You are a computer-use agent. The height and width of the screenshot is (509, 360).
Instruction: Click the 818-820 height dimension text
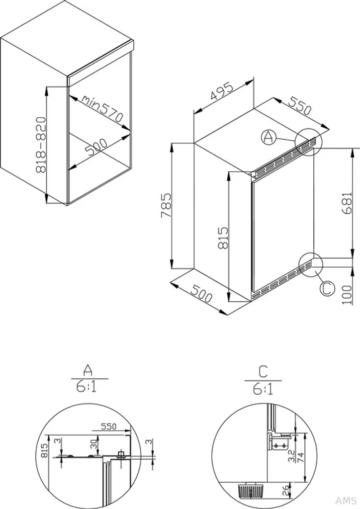pos(41,145)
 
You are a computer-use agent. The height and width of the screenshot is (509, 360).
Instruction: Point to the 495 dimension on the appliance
pos(222,91)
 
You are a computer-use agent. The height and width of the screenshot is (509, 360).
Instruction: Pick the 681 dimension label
pos(347,203)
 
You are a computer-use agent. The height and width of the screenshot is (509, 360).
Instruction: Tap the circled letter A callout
pos(268,137)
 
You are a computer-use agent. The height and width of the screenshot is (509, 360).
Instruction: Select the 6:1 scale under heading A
pos(87,387)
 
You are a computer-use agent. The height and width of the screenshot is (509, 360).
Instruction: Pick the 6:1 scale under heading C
pos(263,389)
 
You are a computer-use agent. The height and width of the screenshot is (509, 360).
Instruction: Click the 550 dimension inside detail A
pos(108,426)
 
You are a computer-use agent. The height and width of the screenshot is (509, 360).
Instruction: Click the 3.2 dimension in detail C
pos(291,455)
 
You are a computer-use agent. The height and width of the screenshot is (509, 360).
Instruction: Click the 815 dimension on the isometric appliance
pos(223,238)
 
